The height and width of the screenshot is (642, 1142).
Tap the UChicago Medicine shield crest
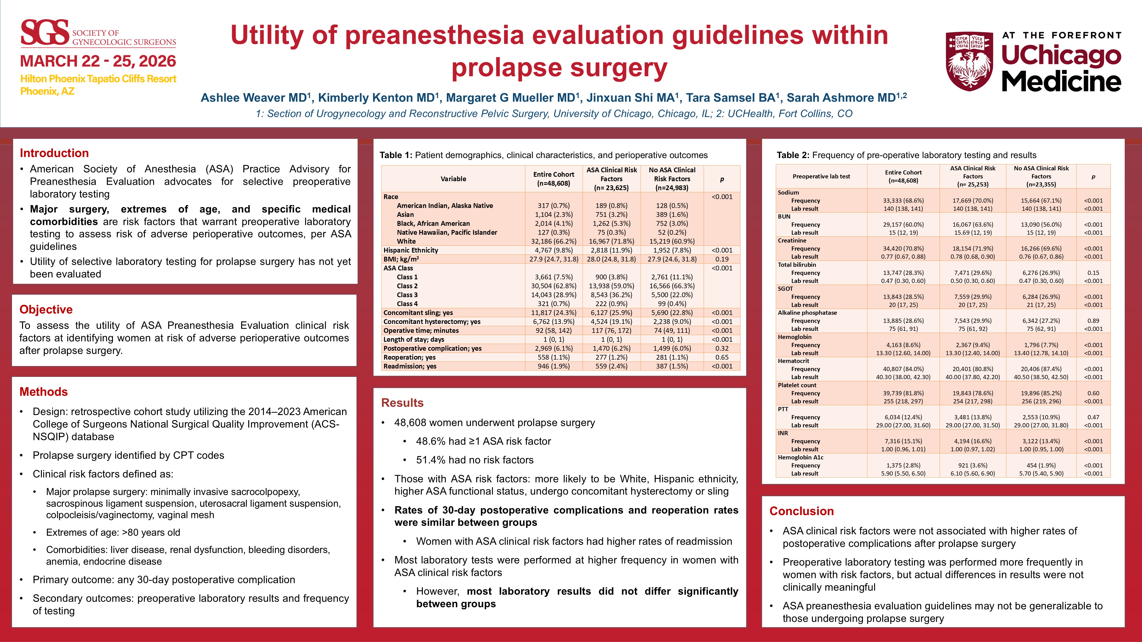[969, 61]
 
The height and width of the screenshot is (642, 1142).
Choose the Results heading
[402, 403]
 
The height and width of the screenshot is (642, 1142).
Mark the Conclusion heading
[801, 511]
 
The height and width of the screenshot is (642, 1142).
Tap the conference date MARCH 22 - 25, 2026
[98, 61]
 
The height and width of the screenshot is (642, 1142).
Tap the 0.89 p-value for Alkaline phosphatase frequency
[1093, 321]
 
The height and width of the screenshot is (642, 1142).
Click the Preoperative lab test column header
[821, 176]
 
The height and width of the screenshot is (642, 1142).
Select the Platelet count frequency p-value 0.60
[1093, 393]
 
